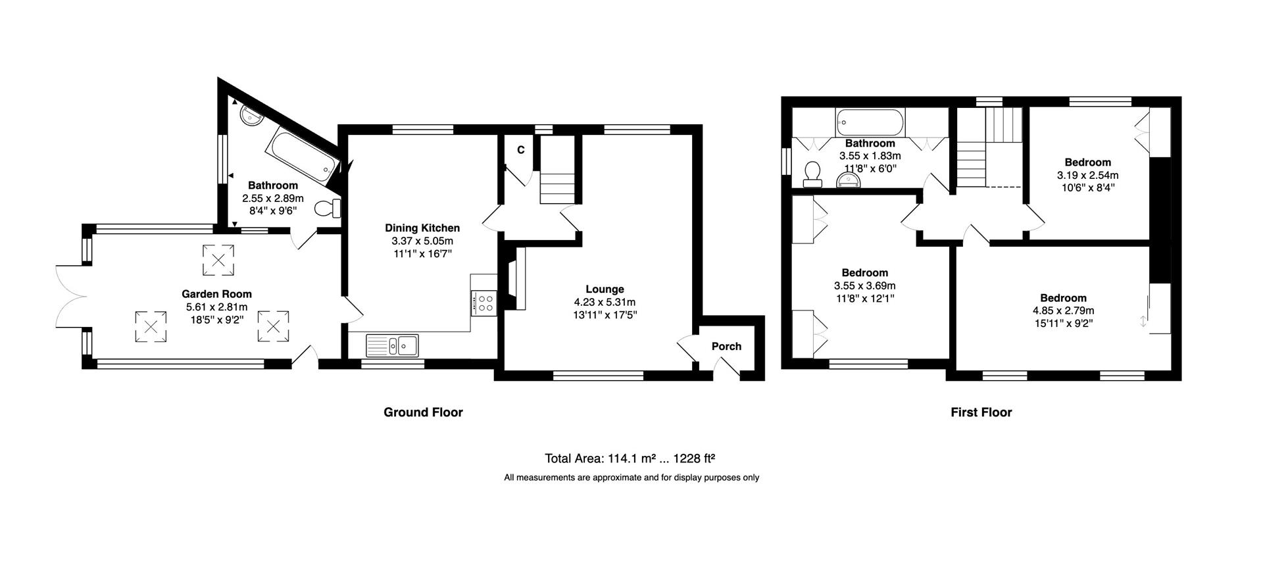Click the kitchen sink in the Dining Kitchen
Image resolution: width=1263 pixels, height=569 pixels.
pyautogui.click(x=393, y=345)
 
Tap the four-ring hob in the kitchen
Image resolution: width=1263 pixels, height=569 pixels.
pyautogui.click(x=484, y=303)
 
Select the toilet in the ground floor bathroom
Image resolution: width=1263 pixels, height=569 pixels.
pyautogui.click(x=328, y=209)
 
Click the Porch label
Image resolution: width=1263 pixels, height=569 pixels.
pyautogui.click(x=726, y=346)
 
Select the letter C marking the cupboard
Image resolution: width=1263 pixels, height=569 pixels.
pyautogui.click(x=520, y=150)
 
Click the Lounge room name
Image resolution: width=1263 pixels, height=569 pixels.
pyautogui.click(x=605, y=289)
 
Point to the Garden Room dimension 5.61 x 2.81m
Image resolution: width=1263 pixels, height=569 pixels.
pyautogui.click(x=216, y=307)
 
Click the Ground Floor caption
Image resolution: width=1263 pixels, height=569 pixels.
pyautogui.click(x=423, y=412)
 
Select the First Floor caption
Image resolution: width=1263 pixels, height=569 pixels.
pyautogui.click(x=981, y=412)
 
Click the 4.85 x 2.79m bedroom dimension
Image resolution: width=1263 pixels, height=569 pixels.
pyautogui.click(x=1063, y=310)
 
